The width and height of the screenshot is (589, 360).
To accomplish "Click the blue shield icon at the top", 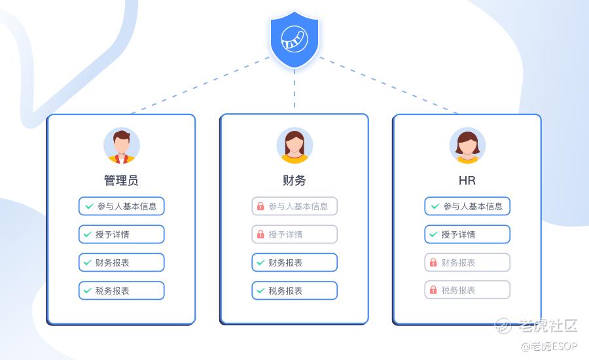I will point(294,39).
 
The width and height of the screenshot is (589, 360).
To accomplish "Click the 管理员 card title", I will point(121,180).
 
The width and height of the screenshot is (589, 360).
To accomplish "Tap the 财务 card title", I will point(294,180).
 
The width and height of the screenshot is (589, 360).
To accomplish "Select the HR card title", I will point(467,180).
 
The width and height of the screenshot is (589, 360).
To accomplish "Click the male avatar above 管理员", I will point(121,145).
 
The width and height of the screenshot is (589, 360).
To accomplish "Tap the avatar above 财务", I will point(294,145).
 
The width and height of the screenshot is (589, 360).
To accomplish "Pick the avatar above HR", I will point(467,145).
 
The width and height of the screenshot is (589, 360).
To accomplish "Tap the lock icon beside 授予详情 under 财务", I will point(260,234).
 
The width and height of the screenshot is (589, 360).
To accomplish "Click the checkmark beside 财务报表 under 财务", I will point(260,262).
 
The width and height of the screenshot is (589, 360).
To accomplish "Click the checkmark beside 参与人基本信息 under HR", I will point(434,206).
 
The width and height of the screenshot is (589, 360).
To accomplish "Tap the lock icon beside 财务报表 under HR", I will point(433,262).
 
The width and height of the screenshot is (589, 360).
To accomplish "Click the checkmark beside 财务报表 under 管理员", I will point(88,262).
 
